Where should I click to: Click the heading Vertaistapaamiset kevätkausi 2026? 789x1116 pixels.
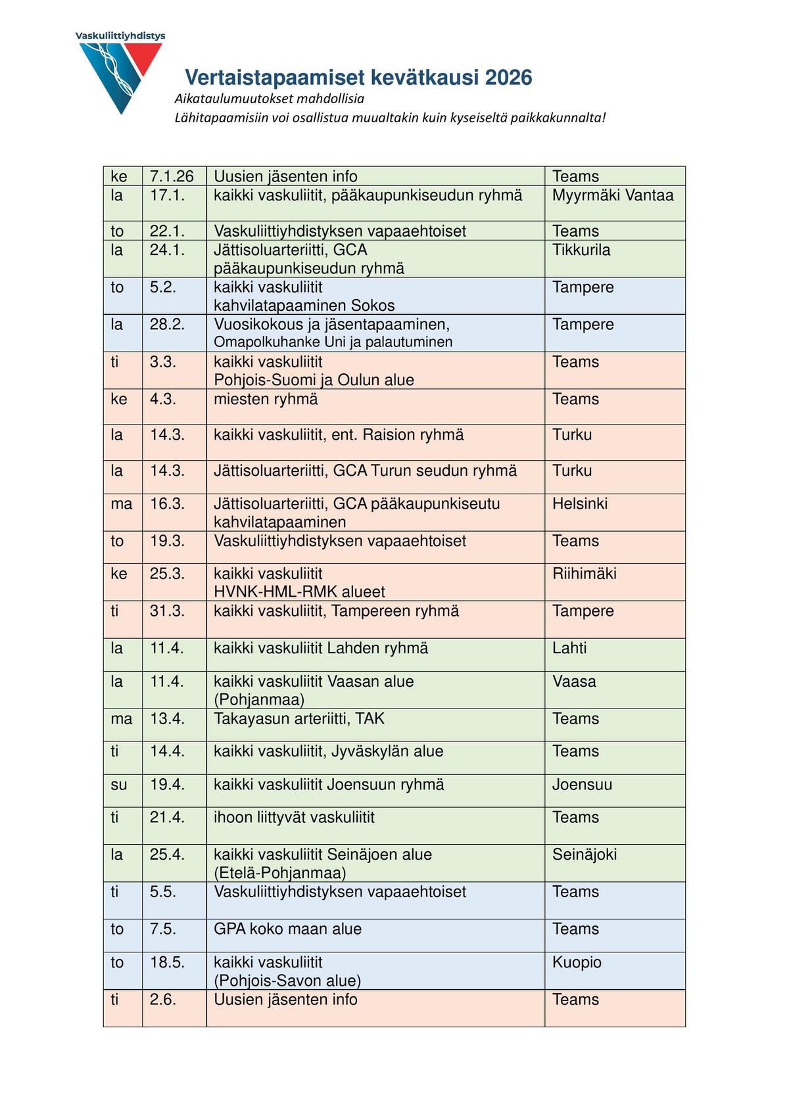(x=358, y=78)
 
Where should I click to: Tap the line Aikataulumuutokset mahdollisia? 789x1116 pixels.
(x=269, y=99)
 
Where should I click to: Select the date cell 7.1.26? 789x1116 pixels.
(x=172, y=176)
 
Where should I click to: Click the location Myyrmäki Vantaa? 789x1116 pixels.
(x=612, y=195)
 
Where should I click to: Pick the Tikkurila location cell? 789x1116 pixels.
(x=581, y=250)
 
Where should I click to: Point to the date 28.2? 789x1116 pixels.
(x=167, y=324)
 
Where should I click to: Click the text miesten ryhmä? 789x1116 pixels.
(x=266, y=399)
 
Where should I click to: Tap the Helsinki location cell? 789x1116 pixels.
(x=579, y=503)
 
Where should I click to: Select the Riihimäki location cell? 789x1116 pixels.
(x=584, y=573)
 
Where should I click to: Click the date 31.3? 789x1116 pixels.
(x=167, y=611)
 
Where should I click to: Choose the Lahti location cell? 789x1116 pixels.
(x=569, y=648)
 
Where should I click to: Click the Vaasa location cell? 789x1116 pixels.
(x=573, y=681)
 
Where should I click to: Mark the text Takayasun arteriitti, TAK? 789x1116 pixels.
(x=299, y=718)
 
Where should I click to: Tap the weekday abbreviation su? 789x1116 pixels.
(x=119, y=784)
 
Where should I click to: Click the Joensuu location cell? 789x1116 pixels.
(x=582, y=784)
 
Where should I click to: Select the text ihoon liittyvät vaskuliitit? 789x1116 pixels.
(x=294, y=817)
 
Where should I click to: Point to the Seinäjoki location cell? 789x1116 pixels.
(x=584, y=854)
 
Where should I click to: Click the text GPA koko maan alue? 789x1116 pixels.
(x=287, y=929)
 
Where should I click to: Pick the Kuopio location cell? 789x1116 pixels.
(x=577, y=962)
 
